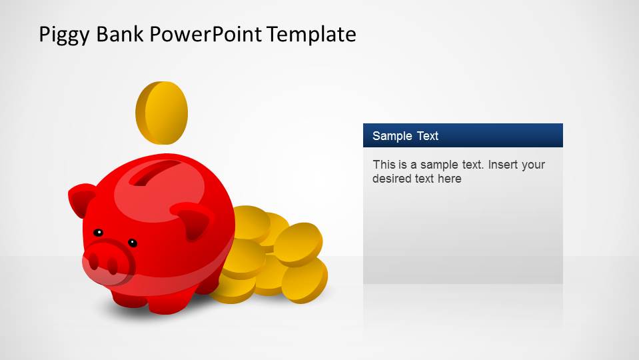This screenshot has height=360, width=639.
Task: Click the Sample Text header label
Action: click(x=405, y=136)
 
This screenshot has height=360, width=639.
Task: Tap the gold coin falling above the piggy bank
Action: click(x=162, y=113)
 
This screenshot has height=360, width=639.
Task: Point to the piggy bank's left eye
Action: click(x=98, y=233)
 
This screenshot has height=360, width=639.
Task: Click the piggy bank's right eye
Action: click(x=133, y=243)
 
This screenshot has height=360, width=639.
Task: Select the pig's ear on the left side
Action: click(x=82, y=199)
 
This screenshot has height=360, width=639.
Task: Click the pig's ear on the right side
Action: click(x=193, y=221)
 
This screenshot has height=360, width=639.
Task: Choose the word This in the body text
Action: click(x=384, y=165)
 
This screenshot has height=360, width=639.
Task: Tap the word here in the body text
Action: click(x=449, y=179)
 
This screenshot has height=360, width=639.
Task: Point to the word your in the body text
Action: click(x=533, y=165)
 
